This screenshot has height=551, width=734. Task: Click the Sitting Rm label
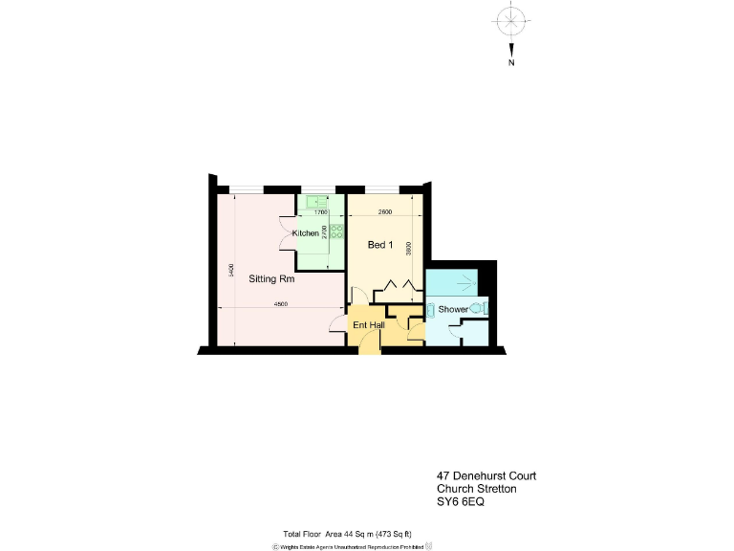click(x=271, y=279)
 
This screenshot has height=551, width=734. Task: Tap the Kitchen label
click(x=306, y=233)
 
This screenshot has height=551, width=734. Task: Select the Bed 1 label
click(x=380, y=246)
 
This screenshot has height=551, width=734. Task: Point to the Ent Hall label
click(x=368, y=325)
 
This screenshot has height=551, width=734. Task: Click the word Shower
click(x=454, y=309)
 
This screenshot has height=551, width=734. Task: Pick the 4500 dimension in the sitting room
click(x=280, y=304)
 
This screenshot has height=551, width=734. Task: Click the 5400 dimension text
click(x=231, y=271)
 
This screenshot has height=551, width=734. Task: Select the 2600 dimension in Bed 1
click(x=384, y=211)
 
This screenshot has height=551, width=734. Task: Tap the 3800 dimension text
click(x=409, y=248)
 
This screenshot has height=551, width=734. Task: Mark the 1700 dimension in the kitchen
click(x=321, y=212)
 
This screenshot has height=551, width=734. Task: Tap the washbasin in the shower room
click(x=430, y=309)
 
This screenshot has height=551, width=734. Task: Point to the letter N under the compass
click(x=512, y=63)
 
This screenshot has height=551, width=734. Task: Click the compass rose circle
click(x=512, y=19)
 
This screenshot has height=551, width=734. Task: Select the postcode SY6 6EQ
click(x=461, y=502)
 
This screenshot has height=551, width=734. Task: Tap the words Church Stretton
click(x=477, y=489)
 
